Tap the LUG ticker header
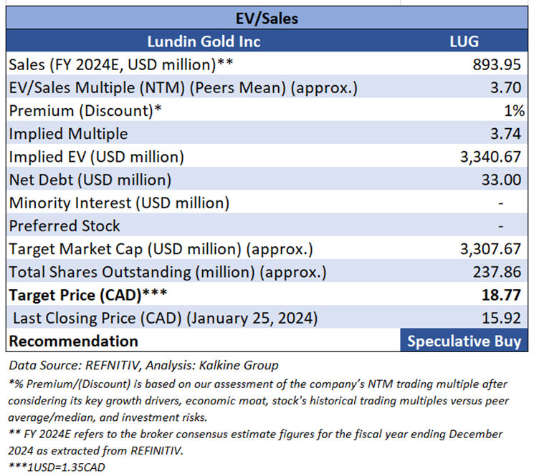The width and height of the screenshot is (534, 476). [x=463, y=41]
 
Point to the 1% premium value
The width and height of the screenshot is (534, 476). [x=515, y=110]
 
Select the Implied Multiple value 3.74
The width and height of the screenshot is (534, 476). [x=509, y=133]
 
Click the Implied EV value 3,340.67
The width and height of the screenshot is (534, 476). [x=492, y=156]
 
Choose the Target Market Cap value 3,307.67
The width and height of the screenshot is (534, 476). [x=492, y=249]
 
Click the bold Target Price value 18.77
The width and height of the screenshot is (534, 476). [x=505, y=295]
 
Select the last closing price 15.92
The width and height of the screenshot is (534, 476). [x=505, y=318]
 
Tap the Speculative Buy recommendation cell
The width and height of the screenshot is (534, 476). [x=464, y=341]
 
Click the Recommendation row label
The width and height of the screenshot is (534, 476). [x=73, y=341]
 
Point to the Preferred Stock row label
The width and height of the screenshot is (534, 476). [x=65, y=225]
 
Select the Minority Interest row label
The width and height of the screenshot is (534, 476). [x=119, y=203]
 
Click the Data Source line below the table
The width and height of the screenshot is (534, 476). [x=143, y=365]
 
